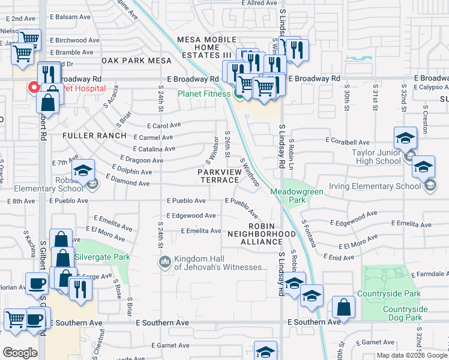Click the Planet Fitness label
tap(203, 94)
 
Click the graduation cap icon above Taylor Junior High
tap(405, 138)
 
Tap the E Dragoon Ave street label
tap(141, 160)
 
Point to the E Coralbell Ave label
tap(347, 140)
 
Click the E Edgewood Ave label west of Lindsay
tap(190, 215)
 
